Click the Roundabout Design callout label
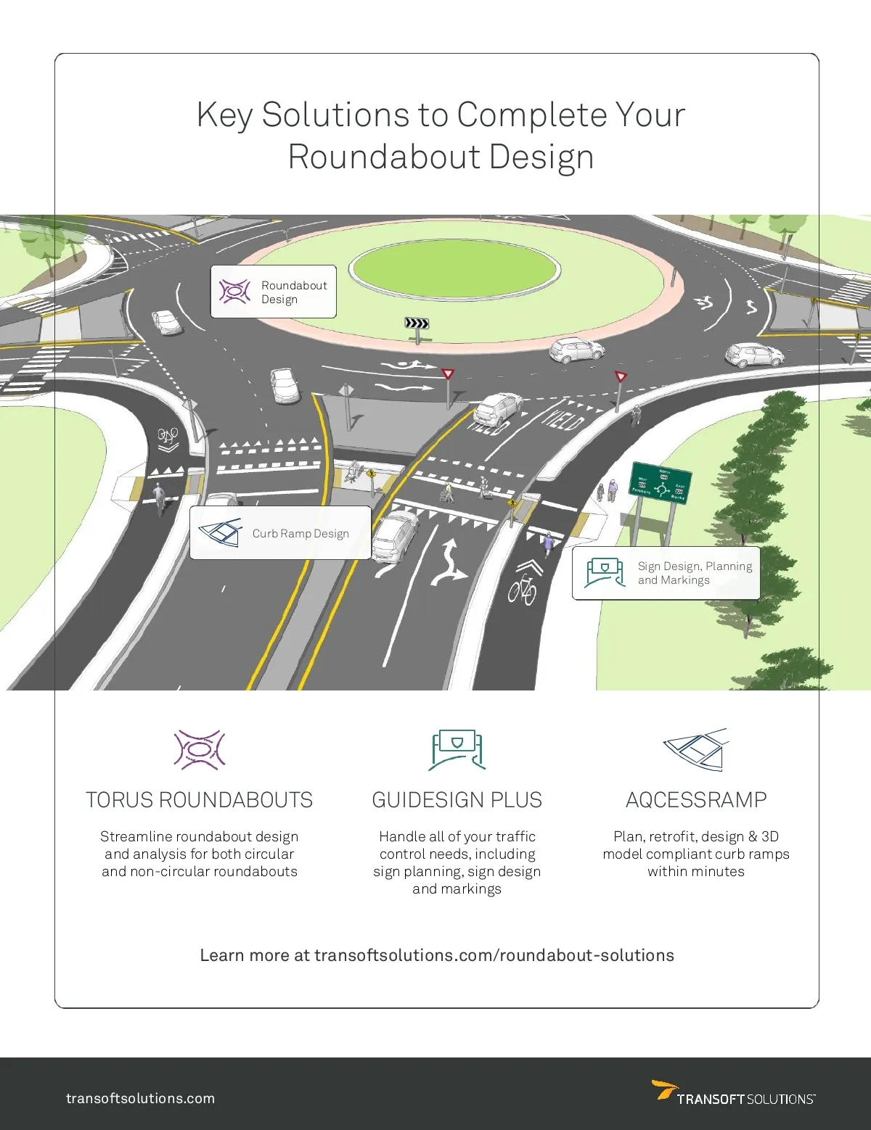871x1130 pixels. [x=274, y=292]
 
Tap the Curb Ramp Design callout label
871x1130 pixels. [x=280, y=533]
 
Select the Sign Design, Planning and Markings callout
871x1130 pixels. [x=666, y=573]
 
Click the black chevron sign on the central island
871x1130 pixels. [x=417, y=323]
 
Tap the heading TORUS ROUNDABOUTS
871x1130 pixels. [x=200, y=800]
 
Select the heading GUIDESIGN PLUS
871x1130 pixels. [x=457, y=800]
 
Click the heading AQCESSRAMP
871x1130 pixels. [x=696, y=800]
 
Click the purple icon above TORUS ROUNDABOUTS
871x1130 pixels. [x=200, y=750]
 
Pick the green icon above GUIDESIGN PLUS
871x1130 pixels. [x=457, y=750]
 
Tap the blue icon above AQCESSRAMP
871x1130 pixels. [x=695, y=750]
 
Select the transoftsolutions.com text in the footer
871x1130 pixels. [x=141, y=1098]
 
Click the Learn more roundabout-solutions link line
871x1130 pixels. [x=437, y=955]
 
